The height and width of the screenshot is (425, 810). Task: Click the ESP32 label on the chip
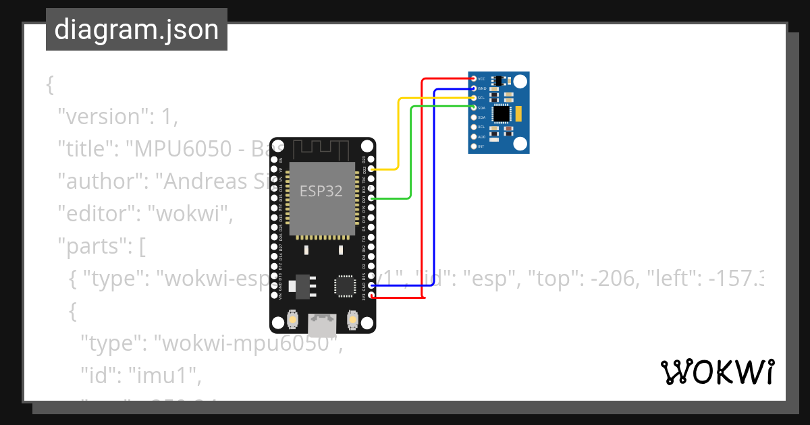pos(321,192)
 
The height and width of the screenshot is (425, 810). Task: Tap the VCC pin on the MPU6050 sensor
pos(474,79)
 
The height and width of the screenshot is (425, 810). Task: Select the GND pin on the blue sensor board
pos(474,88)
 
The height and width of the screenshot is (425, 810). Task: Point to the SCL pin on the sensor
pos(474,98)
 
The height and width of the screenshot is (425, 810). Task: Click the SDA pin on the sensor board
pos(474,108)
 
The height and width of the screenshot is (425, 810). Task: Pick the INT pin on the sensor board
pos(474,146)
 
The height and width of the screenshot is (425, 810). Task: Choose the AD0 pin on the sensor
pos(474,137)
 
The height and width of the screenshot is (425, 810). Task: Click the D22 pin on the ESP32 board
pos(372,169)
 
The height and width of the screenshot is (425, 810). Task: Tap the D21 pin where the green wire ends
pos(372,198)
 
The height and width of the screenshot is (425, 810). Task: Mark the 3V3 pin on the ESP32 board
pos(372,296)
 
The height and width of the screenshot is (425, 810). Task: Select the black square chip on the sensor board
pos(501,114)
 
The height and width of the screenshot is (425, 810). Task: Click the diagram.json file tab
pos(136,30)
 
